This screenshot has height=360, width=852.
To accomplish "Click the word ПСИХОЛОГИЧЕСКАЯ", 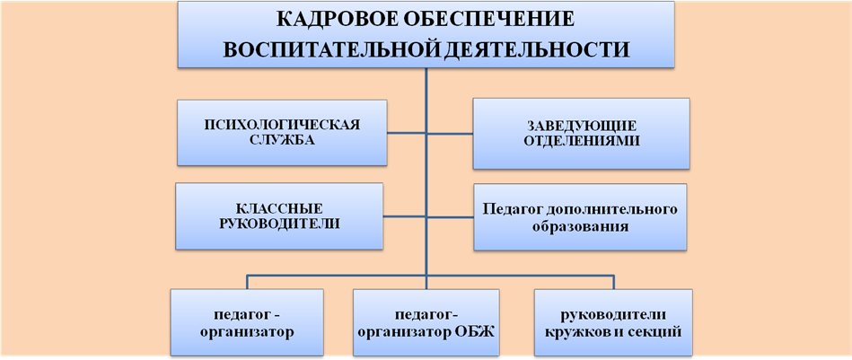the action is tap(282, 125).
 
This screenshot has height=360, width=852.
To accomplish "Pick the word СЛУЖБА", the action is tap(282, 140).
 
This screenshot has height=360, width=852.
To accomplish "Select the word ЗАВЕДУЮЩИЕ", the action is tap(582, 126).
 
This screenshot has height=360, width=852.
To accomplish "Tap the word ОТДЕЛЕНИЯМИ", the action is tap(582, 141).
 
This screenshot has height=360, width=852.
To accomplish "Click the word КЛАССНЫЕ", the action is tap(279, 208).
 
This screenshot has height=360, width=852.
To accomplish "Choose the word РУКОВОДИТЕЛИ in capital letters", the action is tap(279, 224).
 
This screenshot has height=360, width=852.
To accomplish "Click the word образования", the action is tap(580, 226).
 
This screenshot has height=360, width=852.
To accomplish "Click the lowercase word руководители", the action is tap(613, 315).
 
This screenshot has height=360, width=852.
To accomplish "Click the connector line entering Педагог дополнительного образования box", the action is tap(450, 216).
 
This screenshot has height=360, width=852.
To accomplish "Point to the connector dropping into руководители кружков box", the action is tap(614, 283).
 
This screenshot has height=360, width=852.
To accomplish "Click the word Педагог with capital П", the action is tap(515, 210).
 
